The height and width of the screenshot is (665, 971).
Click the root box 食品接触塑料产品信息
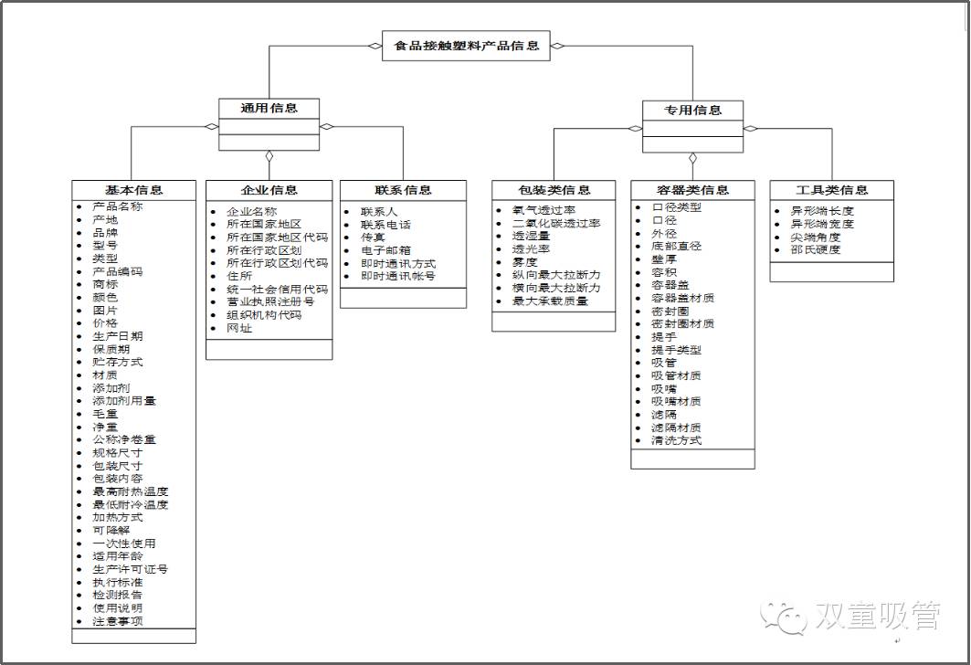click(466, 45)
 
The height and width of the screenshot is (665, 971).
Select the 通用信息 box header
click(269, 109)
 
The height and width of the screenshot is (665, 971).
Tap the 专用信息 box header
click(692, 111)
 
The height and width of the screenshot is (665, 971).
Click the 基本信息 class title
click(133, 190)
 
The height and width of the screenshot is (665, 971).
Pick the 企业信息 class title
click(269, 190)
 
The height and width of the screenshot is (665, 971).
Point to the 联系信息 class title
click(403, 190)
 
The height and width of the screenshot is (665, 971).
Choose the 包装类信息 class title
click(554, 190)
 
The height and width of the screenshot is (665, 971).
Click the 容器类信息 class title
click(692, 190)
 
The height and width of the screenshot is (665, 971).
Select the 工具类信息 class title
click(831, 190)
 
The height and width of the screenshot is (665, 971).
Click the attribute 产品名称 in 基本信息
click(118, 206)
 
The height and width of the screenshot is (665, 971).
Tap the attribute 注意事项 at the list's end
click(118, 621)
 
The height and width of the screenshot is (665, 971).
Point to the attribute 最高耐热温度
click(131, 491)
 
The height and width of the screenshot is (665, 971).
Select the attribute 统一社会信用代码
click(277, 289)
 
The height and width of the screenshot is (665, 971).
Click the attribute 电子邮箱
click(385, 250)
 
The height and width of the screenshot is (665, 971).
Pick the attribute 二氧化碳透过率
click(556, 224)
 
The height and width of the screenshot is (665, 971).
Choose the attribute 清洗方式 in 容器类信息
click(676, 440)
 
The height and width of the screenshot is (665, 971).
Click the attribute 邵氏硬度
click(815, 249)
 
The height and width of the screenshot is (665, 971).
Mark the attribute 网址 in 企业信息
click(239, 328)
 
